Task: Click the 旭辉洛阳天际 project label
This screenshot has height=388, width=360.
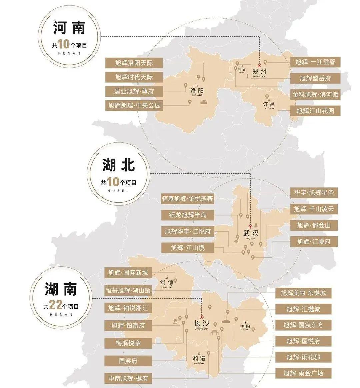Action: click(130, 63)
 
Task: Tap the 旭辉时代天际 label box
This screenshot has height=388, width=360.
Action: click(130, 77)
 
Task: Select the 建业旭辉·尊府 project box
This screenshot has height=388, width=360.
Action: click(130, 91)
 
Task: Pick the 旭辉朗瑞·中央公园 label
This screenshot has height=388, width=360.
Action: click(130, 106)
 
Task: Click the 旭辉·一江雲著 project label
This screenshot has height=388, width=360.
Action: click(315, 62)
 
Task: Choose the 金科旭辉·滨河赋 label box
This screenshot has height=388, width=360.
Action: click(315, 94)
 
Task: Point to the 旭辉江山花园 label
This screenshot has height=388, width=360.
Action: click(315, 111)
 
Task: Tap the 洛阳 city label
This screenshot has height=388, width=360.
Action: click(197, 90)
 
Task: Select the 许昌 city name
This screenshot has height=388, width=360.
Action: click(269, 104)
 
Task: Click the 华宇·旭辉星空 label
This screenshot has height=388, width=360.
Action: click(314, 193)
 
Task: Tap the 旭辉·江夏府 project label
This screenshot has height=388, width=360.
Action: click(314, 241)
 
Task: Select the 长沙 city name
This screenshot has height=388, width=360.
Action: click(201, 323)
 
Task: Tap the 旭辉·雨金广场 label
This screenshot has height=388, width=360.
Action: click(303, 373)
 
